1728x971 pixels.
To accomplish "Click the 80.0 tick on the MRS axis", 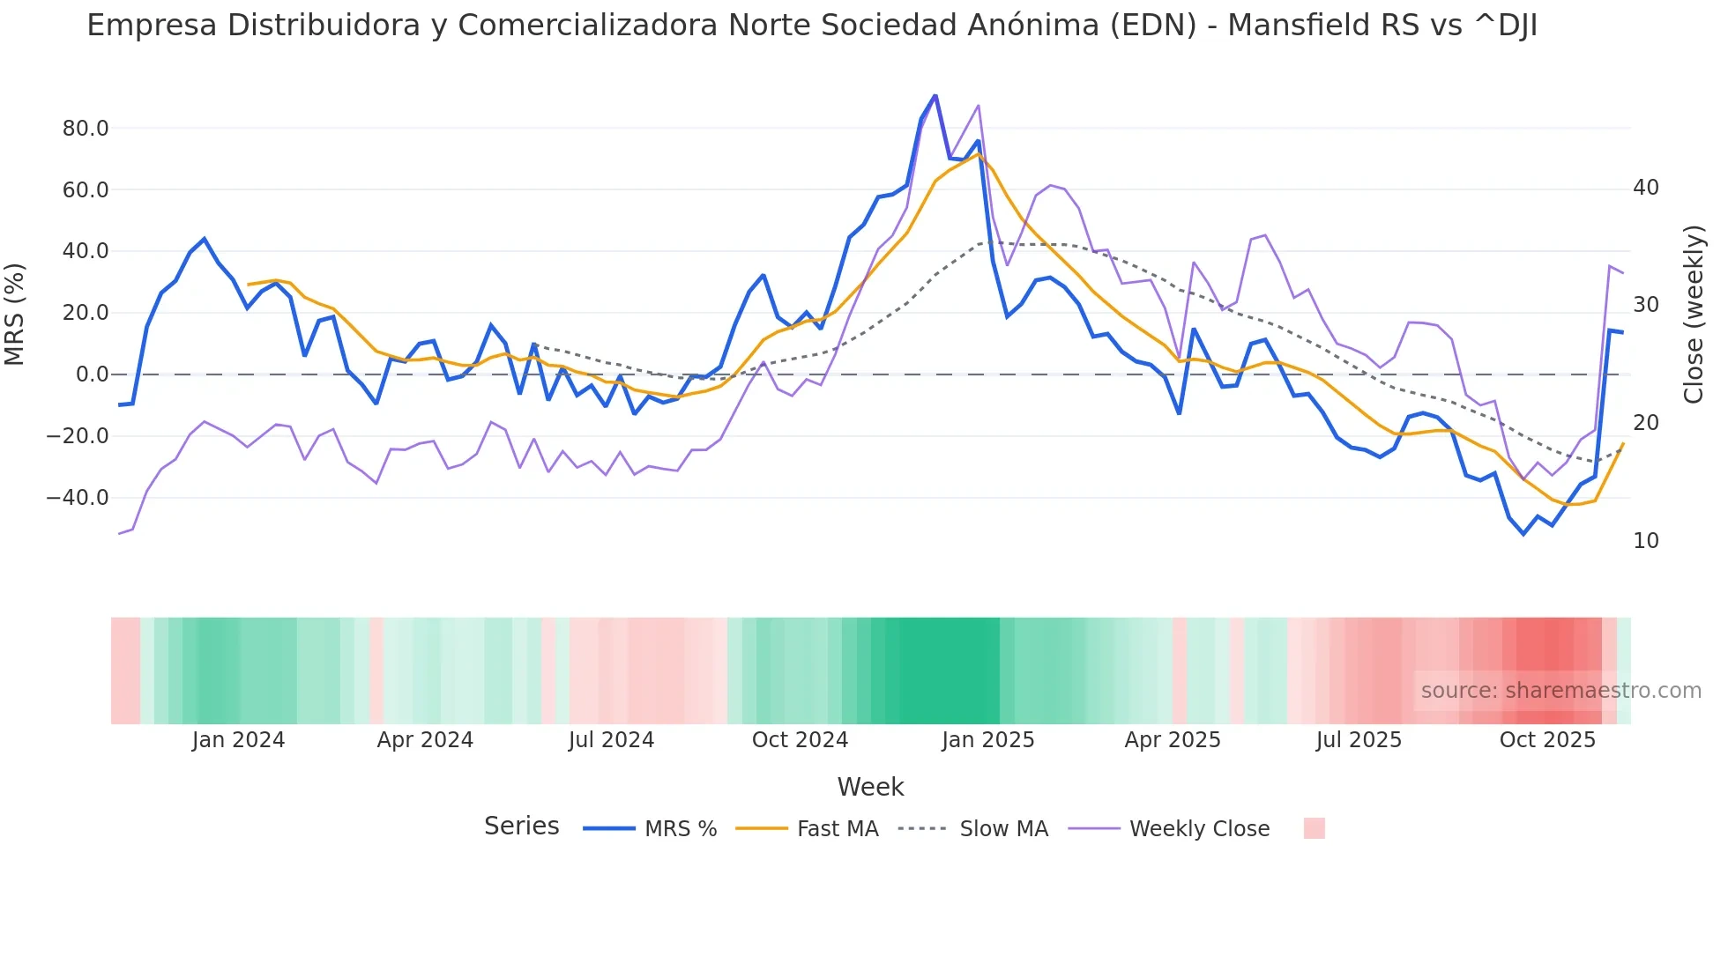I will pos(85,129).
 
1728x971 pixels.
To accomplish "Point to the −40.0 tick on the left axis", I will pos(78,498).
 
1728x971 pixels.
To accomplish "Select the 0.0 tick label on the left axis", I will pos(92,374).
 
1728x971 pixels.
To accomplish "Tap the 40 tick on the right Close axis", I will pos(1645,188).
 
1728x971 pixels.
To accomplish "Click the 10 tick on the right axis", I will pos(1645,541).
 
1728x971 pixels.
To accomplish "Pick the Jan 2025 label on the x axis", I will pos(987,740).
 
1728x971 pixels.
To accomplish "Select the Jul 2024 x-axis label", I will pos(611,740).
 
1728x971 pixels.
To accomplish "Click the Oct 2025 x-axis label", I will pos(1547,740).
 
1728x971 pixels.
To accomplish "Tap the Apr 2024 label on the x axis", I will pos(425,740).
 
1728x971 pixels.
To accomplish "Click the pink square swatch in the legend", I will pos(1314,829).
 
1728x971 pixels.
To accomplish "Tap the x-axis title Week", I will pos(870,787).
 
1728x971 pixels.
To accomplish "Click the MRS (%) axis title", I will pos(15,314).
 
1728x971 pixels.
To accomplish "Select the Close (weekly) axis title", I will pos(1693,314).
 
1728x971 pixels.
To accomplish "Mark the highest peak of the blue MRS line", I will pos(935,95).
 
